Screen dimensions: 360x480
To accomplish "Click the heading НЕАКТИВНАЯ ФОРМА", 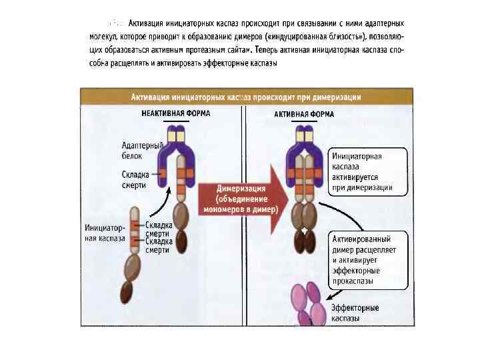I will click(176, 113).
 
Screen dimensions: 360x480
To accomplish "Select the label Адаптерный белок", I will click(136, 150).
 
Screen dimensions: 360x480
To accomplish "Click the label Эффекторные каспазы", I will click(355, 313).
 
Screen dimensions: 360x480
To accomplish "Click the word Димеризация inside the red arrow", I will click(241, 189).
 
